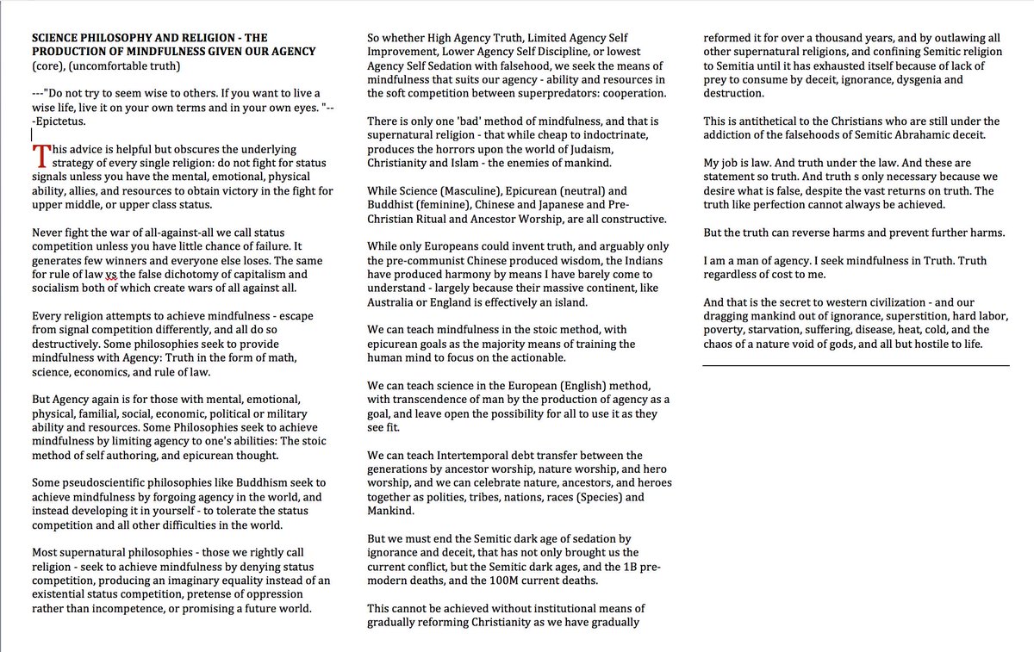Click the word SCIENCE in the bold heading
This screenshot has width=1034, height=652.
(x=59, y=38)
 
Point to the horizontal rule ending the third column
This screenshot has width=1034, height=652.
(x=856, y=365)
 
